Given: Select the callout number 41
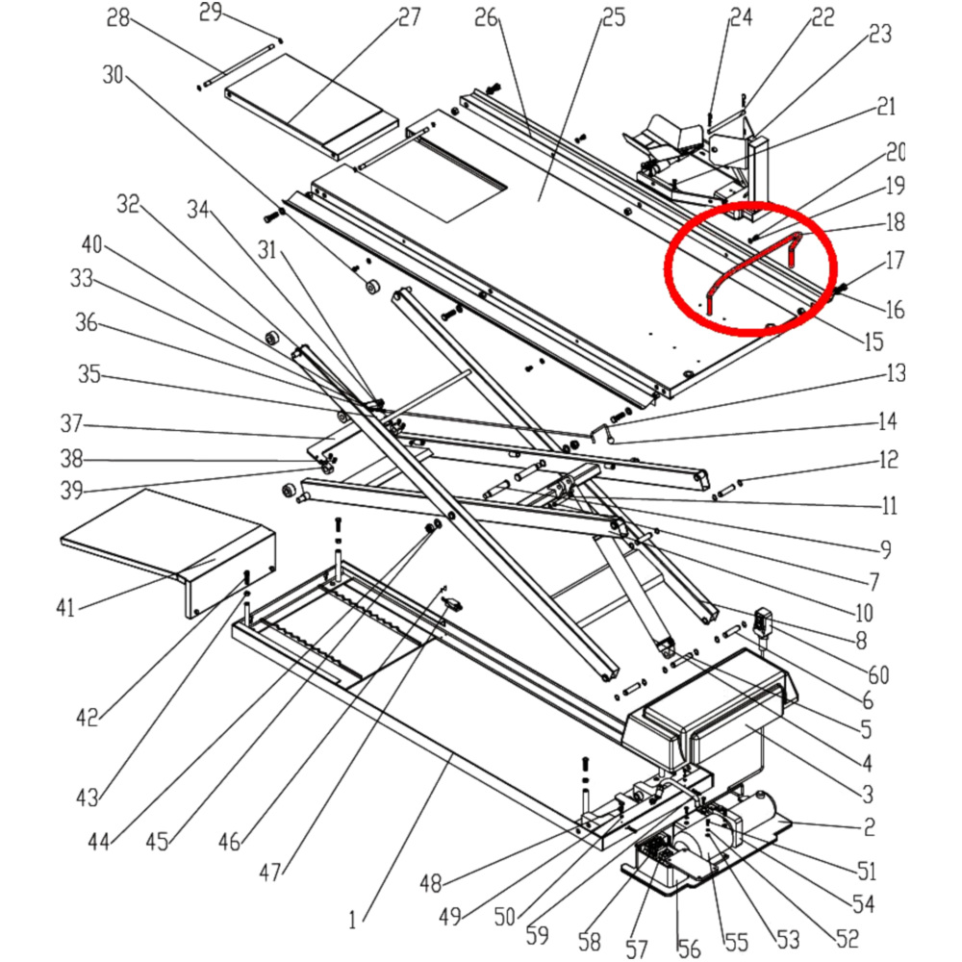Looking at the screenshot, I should [64, 607].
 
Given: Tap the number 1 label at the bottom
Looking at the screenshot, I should [352, 920].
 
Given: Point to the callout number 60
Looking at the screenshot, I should [878, 674].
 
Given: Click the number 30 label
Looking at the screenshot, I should [113, 74].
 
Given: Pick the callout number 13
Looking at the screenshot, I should [896, 373].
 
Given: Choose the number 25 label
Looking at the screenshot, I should [613, 17].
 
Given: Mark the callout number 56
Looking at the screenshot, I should [689, 949].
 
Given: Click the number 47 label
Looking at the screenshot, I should [271, 873].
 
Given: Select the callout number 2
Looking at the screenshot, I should [868, 825].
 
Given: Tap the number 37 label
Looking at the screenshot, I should [71, 423].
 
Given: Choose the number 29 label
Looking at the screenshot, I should [211, 13].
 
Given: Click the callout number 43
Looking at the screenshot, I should [88, 797].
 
